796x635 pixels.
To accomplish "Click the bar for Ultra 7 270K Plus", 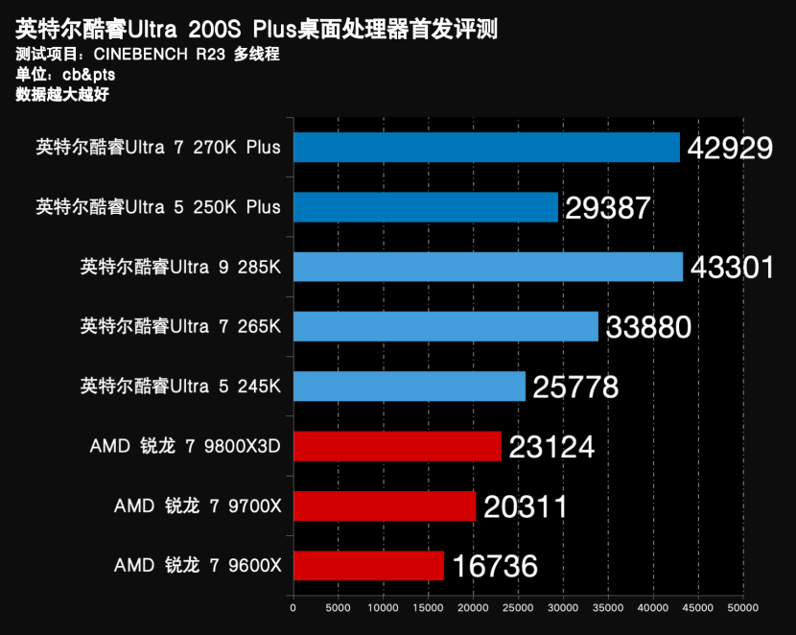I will coord(486,148).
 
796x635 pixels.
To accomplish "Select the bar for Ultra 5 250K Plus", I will coord(426,207).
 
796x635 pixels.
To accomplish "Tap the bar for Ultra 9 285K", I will coord(488,267).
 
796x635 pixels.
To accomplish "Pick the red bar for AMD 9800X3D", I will coord(397,446).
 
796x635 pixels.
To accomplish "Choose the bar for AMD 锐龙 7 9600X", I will coord(369,566).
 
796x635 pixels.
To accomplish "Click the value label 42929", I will coord(730,148).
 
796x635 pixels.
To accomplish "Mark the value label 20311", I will coord(526,506).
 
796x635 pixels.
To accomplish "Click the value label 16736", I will coord(494,566).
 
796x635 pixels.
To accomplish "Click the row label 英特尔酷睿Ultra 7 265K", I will coord(180,327).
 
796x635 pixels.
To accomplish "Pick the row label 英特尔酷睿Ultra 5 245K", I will coord(180,387).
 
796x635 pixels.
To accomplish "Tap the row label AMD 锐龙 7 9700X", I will coord(198,506).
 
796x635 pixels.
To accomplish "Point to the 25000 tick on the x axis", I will coord(518,607).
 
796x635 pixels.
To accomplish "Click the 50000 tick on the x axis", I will coord(742,607).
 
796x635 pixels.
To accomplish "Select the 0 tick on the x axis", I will coord(293,607).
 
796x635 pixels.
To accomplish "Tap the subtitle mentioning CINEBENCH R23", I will coord(148,55).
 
